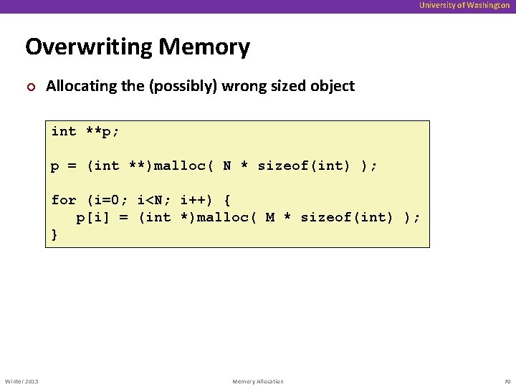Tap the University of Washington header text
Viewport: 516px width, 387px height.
pos(464,5)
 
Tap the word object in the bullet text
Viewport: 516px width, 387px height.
pos(333,86)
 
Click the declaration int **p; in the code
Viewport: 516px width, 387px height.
pos(85,131)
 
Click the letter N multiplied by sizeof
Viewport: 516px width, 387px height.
pos(226,166)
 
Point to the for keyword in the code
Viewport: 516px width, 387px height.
pos(64,200)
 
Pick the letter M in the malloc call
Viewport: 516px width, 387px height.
pos(269,217)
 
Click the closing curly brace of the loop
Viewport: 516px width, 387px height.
pos(54,234)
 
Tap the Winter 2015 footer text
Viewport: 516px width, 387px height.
pos(21,381)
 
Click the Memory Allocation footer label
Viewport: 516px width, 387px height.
pos(258,381)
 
